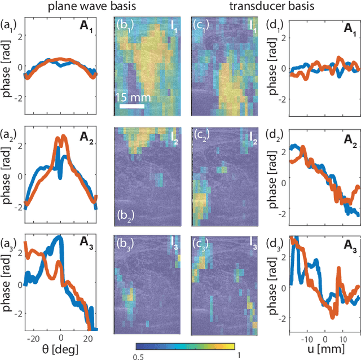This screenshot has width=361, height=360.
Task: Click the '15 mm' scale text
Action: [133, 96]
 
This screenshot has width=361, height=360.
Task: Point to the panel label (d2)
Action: [279, 136]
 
